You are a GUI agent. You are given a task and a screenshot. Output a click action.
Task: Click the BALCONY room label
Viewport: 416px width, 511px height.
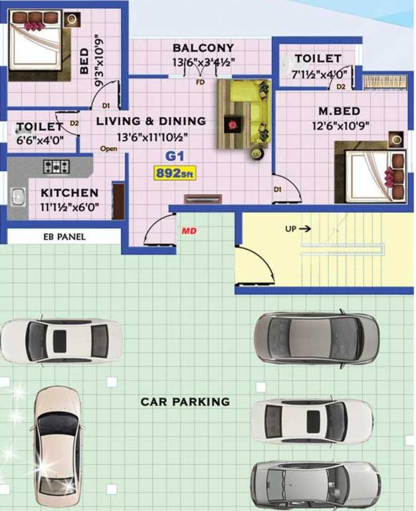pos(203,48)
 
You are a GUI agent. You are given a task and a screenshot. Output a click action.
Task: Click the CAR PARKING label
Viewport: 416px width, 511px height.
pos(185,402)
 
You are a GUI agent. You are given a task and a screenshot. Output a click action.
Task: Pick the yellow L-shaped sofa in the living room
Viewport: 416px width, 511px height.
pos(244,113)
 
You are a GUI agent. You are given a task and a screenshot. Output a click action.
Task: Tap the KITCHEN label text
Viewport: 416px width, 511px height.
pos(69,193)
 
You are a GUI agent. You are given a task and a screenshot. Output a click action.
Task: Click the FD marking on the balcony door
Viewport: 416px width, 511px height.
pos(199,83)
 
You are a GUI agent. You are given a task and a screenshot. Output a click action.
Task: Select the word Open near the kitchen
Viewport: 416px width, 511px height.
pos(108,148)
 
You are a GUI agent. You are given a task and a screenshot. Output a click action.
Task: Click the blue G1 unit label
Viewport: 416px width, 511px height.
pos(174,158)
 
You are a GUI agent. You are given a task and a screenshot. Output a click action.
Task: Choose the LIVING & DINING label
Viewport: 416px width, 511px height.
pos(151,121)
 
